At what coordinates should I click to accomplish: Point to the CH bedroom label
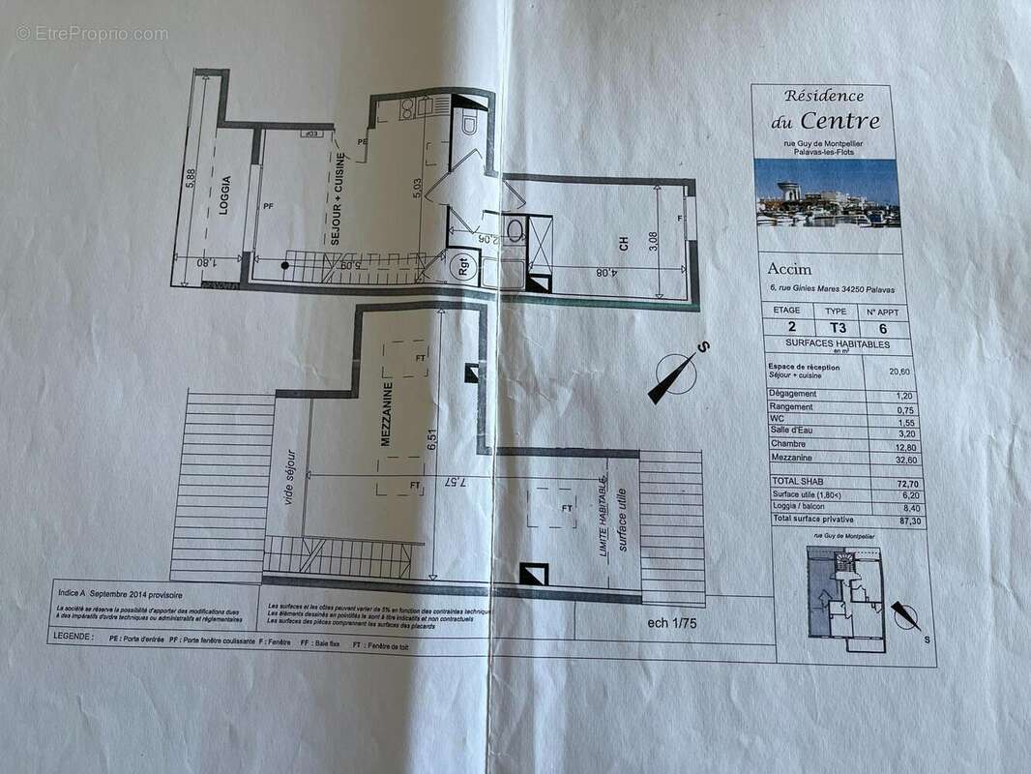625,246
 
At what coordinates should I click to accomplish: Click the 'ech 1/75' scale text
672,624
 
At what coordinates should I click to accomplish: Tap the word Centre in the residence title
839,122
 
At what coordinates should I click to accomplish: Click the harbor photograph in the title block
827,193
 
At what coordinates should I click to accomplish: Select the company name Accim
790,270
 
